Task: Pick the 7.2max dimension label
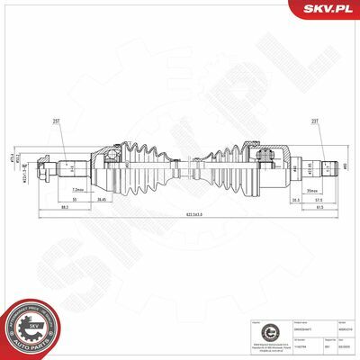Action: click(78, 191)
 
